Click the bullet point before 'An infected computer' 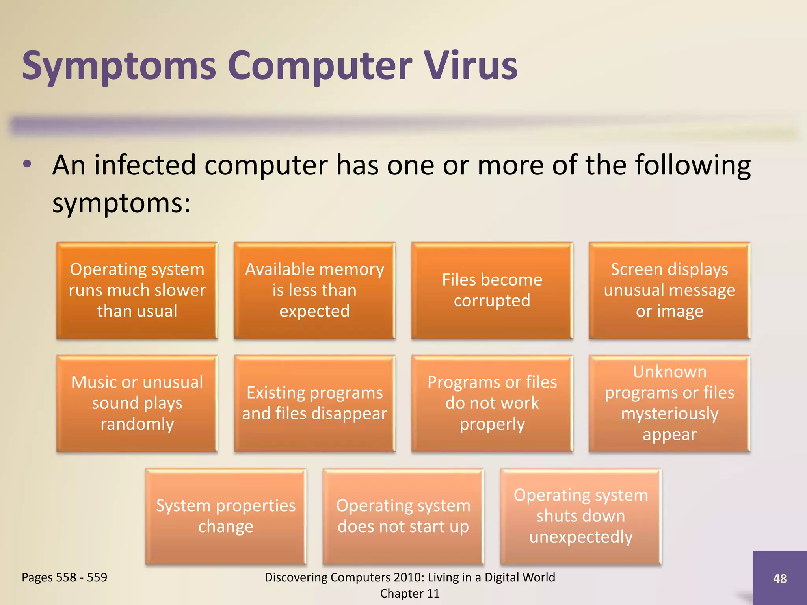[27, 165]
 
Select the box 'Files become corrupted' [492, 290]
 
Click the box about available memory [314, 290]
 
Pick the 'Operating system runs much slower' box [137, 290]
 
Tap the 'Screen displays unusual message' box [669, 290]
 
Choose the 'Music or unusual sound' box [137, 403]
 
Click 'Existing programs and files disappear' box [314, 403]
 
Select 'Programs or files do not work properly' [492, 403]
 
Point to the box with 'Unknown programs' [669, 403]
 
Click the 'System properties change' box [225, 516]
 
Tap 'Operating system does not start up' [403, 516]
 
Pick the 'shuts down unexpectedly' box [580, 516]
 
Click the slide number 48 [779, 578]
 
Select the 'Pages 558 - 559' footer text [64, 577]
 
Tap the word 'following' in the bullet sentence [693, 165]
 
